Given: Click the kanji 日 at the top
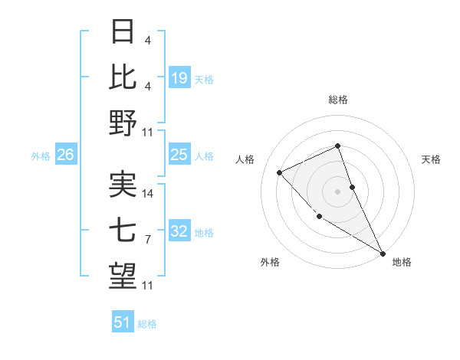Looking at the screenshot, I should pos(123,33).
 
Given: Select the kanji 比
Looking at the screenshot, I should pos(123,77).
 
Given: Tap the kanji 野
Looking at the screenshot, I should pos(123,123).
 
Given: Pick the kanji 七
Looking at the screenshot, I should pos(123,231).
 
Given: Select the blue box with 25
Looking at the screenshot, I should pos(179,155).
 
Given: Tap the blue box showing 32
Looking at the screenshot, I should pos(179,231).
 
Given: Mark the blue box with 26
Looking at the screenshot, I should pos(66,155).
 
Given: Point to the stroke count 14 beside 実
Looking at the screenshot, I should pos(149,193).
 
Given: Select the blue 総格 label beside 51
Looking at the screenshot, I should pos(147,324).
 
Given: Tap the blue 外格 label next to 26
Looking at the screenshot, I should pos(41,156).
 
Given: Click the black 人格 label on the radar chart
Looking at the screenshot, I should pos(245,159).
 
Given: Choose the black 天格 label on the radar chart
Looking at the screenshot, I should pos(432,159).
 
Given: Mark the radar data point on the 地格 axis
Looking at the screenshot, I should pos(383,253).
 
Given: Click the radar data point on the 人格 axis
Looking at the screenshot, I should pos(280,172).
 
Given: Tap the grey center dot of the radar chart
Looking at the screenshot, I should pos(337,191).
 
